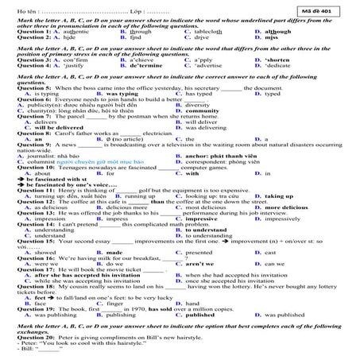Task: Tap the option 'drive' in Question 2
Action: tap(193, 37)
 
